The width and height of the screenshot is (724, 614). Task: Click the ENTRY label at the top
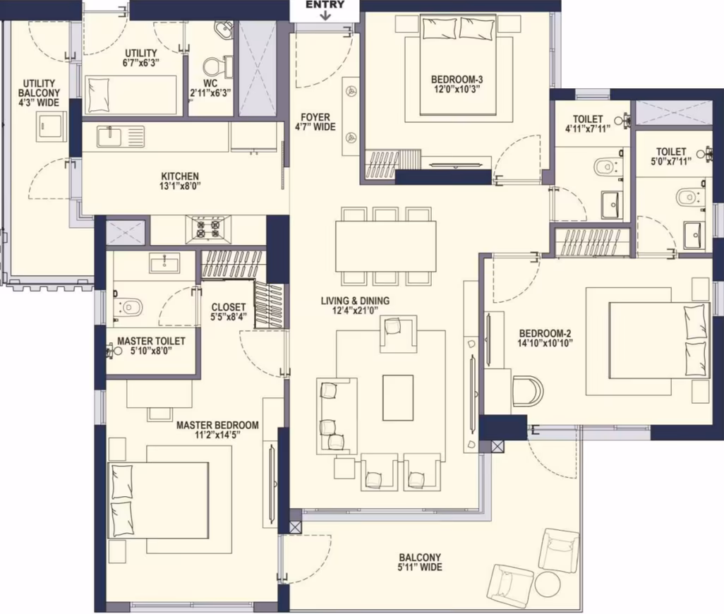pyautogui.click(x=325, y=5)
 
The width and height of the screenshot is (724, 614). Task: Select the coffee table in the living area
pyautogui.click(x=397, y=397)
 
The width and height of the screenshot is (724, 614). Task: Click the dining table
pyautogui.click(x=385, y=246)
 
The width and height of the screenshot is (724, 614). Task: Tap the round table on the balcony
pyautogui.click(x=548, y=585)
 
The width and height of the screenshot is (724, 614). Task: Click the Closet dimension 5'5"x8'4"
pyautogui.click(x=228, y=317)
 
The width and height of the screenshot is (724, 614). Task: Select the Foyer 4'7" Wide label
pyautogui.click(x=315, y=122)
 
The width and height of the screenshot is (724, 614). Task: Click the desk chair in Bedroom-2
pyautogui.click(x=528, y=391)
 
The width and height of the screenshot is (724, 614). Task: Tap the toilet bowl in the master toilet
pyautogui.click(x=129, y=306)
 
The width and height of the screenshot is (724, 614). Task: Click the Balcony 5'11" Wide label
pyautogui.click(x=420, y=562)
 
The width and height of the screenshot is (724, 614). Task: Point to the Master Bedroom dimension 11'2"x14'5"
pyautogui.click(x=217, y=435)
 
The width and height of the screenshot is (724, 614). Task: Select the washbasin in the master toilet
pyautogui.click(x=164, y=263)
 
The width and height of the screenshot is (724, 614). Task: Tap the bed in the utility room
pyautogui.click(x=131, y=95)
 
